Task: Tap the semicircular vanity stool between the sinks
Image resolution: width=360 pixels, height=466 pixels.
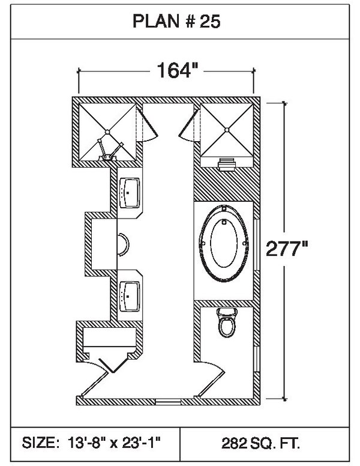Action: (x=122, y=244)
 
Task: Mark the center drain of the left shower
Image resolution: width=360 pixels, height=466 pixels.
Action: (x=107, y=130)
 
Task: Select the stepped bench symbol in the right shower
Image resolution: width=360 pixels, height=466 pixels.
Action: (x=227, y=162)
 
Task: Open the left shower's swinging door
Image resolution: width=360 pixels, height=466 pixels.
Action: (x=148, y=125)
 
